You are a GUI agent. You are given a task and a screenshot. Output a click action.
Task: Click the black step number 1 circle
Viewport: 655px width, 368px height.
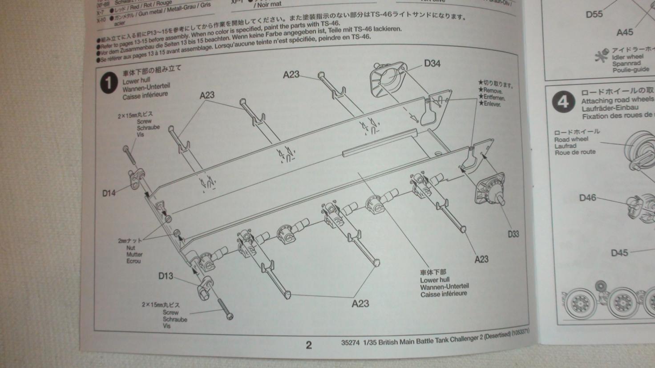point(109,83)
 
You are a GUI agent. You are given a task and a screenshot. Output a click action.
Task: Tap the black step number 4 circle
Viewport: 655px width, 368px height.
point(563,102)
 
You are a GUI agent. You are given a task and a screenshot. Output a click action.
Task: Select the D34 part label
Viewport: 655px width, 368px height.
point(432,64)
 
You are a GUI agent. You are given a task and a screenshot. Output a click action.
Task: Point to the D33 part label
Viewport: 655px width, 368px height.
point(513,234)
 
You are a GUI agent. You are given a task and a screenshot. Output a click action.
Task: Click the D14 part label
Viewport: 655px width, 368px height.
point(109,193)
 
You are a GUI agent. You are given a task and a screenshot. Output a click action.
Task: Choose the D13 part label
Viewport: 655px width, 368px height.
point(166,276)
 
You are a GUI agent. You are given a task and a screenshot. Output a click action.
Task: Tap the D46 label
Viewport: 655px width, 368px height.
point(587,198)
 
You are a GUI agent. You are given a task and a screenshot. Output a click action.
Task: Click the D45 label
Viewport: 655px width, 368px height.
point(619,253)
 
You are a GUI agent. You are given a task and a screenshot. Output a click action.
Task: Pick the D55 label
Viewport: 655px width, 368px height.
point(594,14)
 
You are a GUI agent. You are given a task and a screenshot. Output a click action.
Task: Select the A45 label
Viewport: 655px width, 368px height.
point(624,32)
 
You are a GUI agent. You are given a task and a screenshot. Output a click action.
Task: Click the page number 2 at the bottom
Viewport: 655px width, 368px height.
point(309,345)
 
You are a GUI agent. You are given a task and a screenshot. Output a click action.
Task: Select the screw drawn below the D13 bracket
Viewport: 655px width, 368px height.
point(225,308)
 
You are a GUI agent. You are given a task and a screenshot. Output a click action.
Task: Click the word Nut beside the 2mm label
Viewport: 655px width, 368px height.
point(131,248)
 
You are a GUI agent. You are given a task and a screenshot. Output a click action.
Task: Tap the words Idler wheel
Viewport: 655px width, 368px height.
point(627,57)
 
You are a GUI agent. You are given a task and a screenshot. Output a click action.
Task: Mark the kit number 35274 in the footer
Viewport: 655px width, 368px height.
point(350,343)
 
